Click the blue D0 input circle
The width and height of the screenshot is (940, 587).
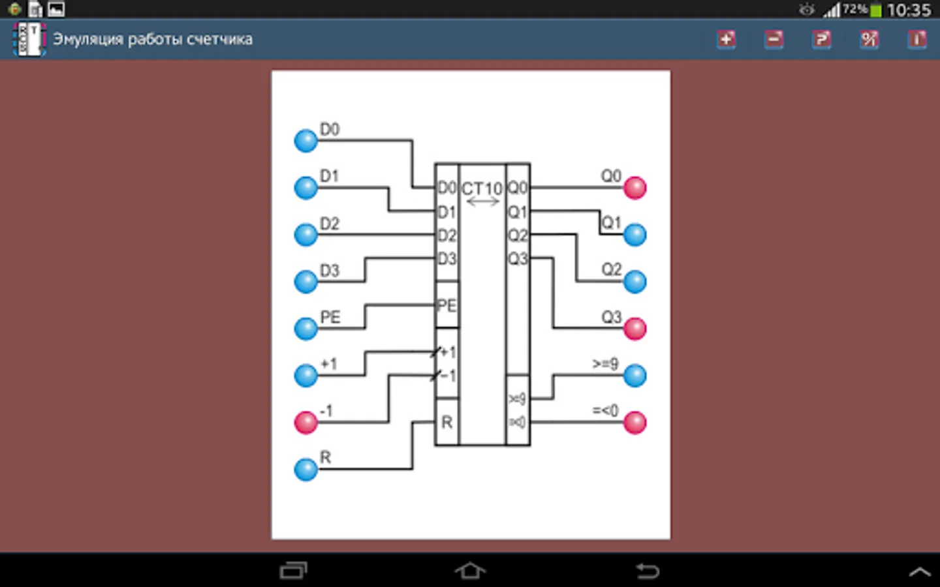pyautogui.click(x=305, y=140)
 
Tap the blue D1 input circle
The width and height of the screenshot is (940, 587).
pyautogui.click(x=305, y=188)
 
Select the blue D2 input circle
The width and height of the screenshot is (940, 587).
pyautogui.click(x=305, y=235)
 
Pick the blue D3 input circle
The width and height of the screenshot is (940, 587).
pyautogui.click(x=305, y=282)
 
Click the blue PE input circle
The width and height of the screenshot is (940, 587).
pyautogui.click(x=305, y=329)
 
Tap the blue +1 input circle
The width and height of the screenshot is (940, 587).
pyautogui.click(x=305, y=376)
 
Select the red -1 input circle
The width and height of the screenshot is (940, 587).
pyautogui.click(x=305, y=423)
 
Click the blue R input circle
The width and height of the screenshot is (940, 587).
pyautogui.click(x=305, y=469)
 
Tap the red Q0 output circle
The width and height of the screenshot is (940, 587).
pyautogui.click(x=634, y=188)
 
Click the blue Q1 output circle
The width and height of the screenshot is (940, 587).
pyautogui.click(x=634, y=235)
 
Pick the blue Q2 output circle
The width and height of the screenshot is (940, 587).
pyautogui.click(x=634, y=282)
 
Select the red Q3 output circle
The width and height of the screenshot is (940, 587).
pyautogui.click(x=634, y=329)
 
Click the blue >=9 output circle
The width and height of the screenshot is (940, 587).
pyautogui.click(x=634, y=376)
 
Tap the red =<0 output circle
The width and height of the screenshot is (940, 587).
pyautogui.click(x=634, y=423)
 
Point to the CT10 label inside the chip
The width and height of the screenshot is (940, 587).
pyautogui.click(x=482, y=188)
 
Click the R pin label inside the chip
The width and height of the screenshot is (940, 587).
pyautogui.click(x=446, y=423)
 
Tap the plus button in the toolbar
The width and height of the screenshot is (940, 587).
pyautogui.click(x=726, y=39)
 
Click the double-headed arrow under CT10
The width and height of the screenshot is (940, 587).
pyautogui.click(x=483, y=202)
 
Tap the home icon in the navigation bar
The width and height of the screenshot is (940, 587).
pyautogui.click(x=470, y=571)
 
